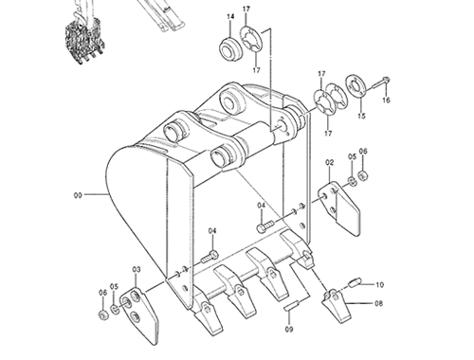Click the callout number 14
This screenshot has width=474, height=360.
[x=230, y=16]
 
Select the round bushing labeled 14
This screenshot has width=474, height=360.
[x=230, y=49]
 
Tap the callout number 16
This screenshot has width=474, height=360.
[x=386, y=100]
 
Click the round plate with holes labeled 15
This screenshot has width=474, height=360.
[x=356, y=85]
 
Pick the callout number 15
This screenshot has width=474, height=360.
[x=362, y=116]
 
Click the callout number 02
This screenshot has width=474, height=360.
[x=329, y=163]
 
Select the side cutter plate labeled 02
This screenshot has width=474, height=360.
[x=338, y=207]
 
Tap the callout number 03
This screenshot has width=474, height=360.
[x=137, y=270]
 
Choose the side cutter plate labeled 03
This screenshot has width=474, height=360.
[x=140, y=315]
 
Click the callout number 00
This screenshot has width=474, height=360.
[x=78, y=195]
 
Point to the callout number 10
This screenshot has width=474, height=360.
[x=379, y=284]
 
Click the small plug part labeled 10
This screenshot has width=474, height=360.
[x=355, y=281]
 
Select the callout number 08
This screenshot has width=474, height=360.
[x=379, y=303]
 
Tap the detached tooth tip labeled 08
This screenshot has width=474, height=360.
[x=336, y=305]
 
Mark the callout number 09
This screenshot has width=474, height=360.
[x=289, y=329]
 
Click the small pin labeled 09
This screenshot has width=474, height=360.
[x=291, y=306]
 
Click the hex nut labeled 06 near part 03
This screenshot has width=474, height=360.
[x=103, y=315]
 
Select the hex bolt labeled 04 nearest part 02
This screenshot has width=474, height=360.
[x=264, y=226]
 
